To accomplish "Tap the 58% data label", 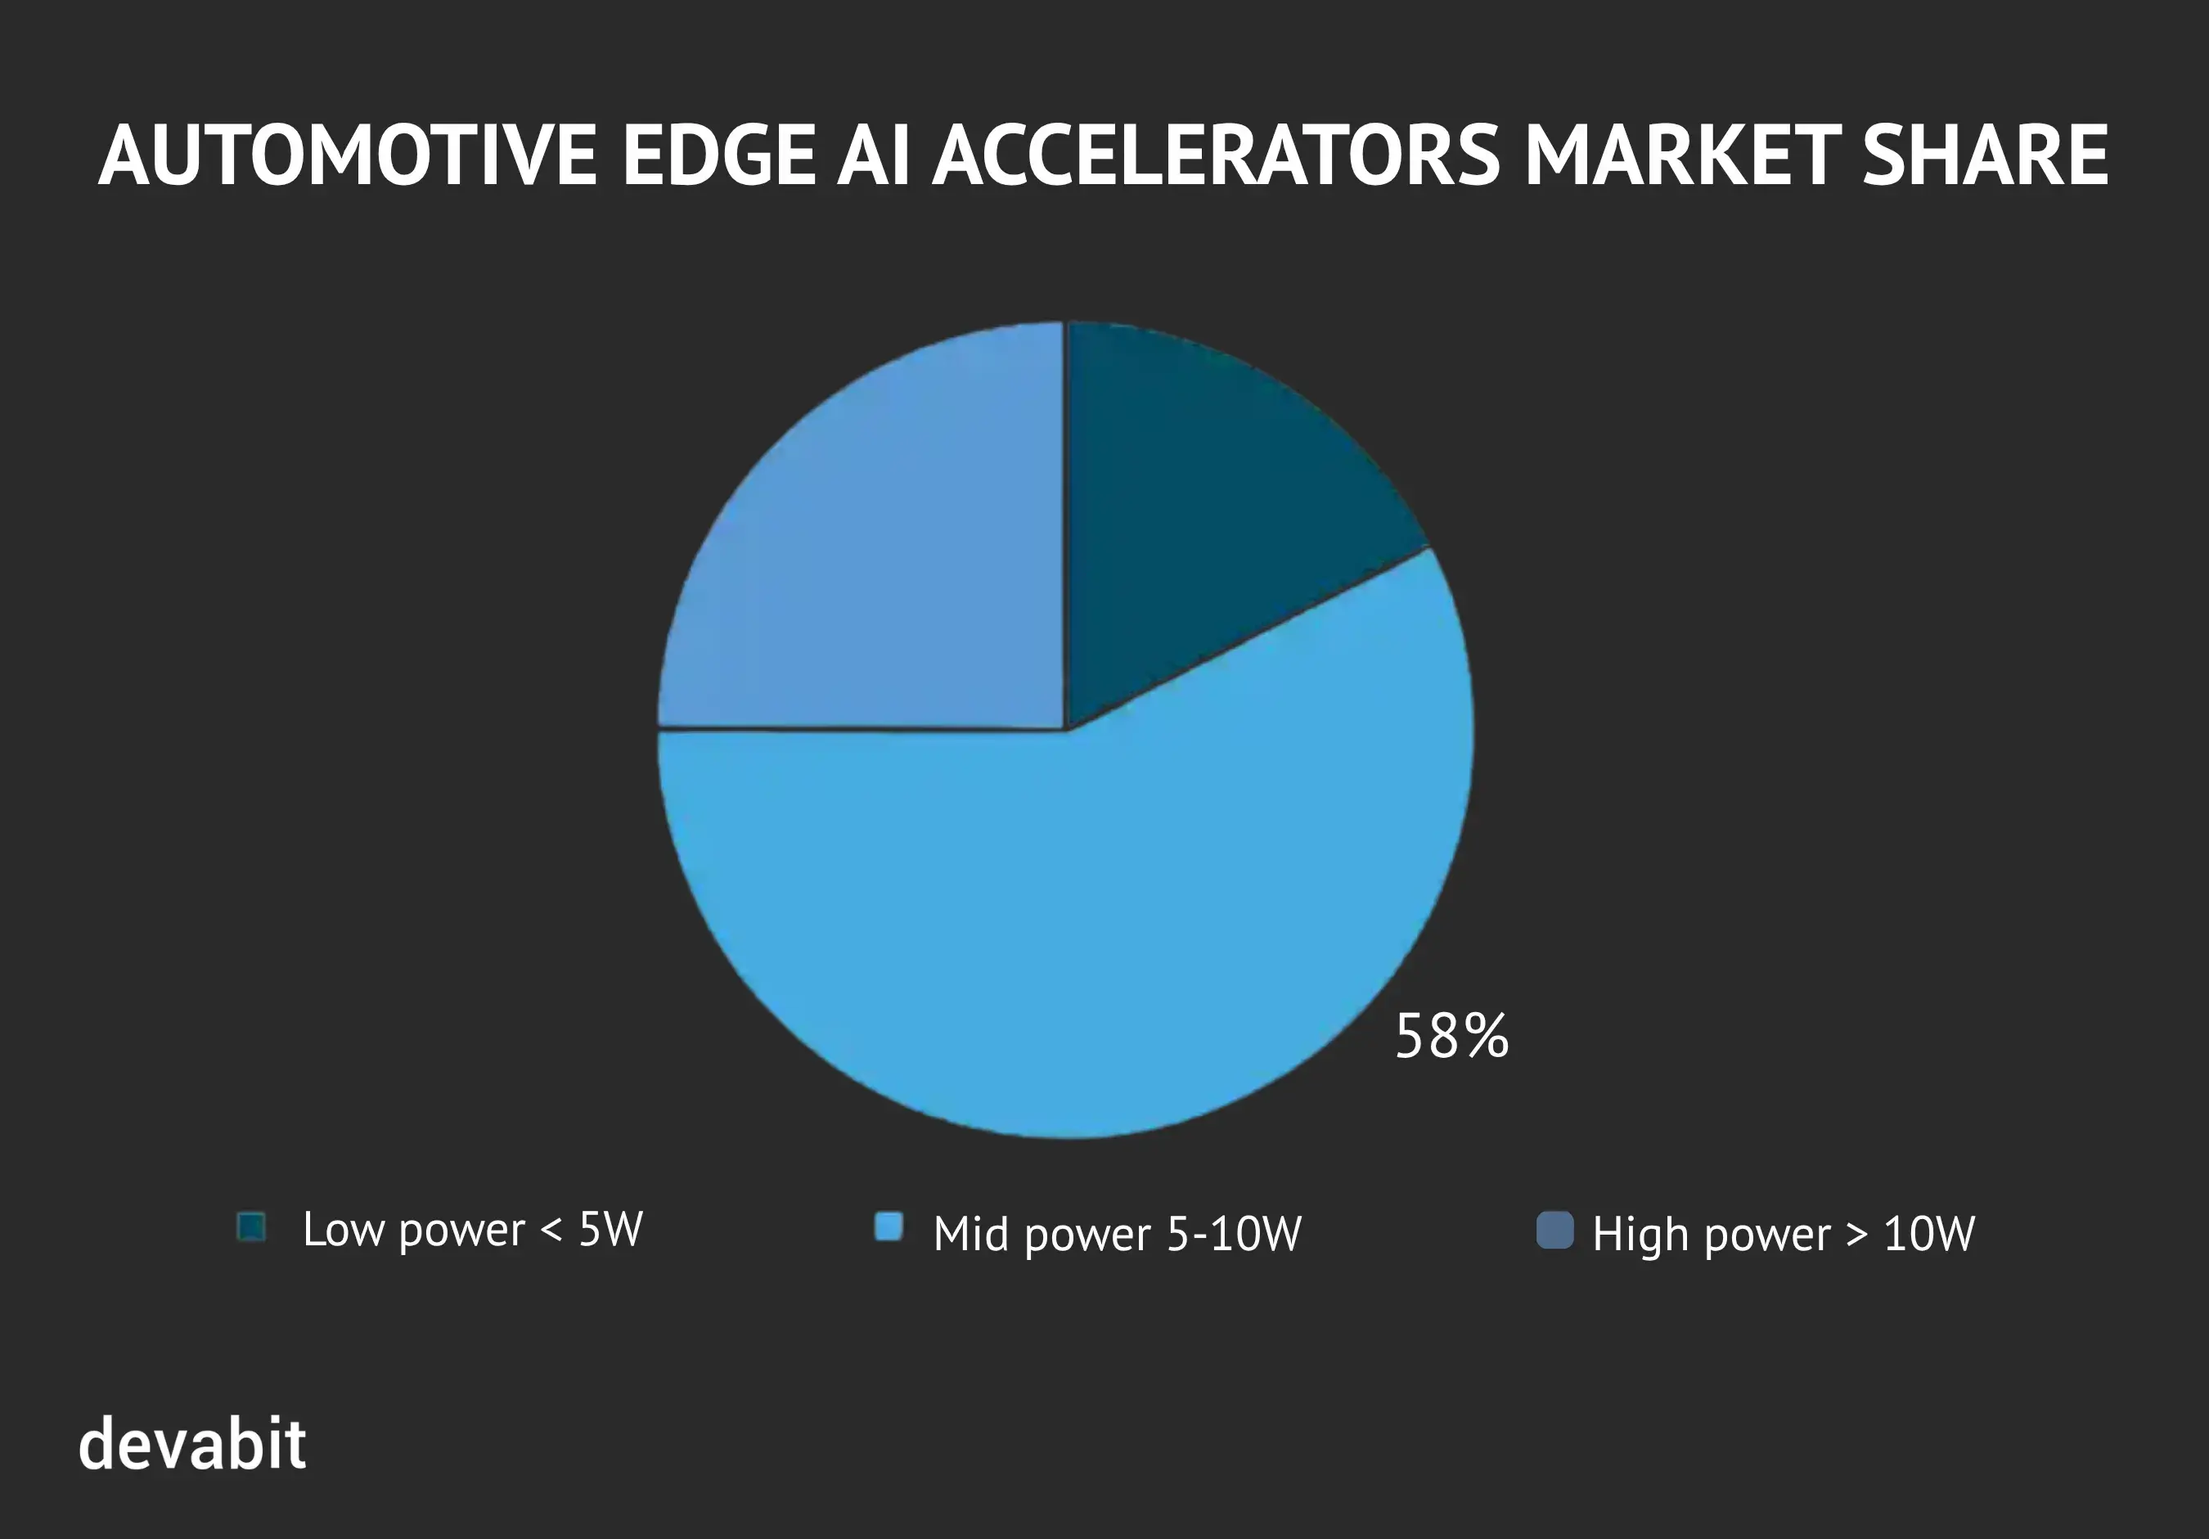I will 1451,1037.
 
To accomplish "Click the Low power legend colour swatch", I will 252,1227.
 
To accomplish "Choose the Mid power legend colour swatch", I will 888,1227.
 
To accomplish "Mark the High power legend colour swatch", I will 1554,1231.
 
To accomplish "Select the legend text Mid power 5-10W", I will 1116,1234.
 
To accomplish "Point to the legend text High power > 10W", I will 1783,1234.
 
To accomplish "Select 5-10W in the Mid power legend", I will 1234,1234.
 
